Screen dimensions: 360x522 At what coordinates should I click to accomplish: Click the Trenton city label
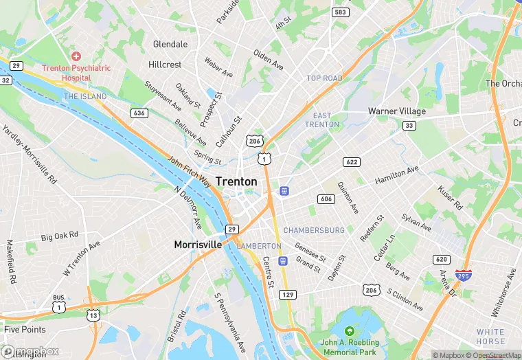click(236, 181)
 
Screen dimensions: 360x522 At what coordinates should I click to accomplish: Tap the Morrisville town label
click(198, 245)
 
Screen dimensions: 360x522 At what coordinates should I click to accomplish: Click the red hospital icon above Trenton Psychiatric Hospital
click(76, 56)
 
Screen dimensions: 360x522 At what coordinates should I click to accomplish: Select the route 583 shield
click(339, 12)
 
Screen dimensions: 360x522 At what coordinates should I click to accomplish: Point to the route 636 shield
click(139, 113)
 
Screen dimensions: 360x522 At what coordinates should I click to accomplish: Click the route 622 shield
click(352, 161)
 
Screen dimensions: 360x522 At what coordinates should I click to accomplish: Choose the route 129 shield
click(288, 294)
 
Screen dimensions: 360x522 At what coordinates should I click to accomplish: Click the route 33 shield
click(409, 125)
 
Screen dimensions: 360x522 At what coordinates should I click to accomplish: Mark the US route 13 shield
click(93, 315)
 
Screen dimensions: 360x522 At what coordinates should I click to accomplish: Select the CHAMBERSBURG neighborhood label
click(314, 230)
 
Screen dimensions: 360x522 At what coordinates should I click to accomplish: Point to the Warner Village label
click(397, 111)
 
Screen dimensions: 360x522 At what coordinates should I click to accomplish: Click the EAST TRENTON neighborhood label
click(322, 120)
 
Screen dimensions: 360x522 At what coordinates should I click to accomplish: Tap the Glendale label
click(170, 44)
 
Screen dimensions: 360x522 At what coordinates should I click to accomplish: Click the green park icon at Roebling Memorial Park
click(350, 331)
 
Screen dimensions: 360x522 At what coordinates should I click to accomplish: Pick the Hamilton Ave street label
click(396, 175)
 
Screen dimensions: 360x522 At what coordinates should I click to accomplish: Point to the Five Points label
click(25, 330)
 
